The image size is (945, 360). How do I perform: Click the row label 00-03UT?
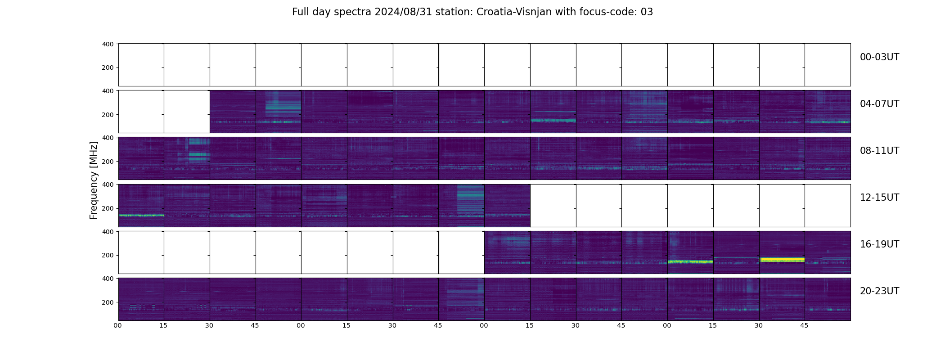pos(879,57)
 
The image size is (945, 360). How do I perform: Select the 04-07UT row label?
pos(879,104)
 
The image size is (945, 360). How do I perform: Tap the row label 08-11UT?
pos(879,151)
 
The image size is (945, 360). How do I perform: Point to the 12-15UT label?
pos(879,198)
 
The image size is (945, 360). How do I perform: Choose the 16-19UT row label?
pos(879,244)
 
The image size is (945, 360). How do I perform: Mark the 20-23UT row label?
pos(879,291)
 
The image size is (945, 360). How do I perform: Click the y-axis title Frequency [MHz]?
pos(94,180)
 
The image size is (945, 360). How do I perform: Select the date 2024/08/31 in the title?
pos(403,12)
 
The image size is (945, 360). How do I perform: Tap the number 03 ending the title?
pos(647,12)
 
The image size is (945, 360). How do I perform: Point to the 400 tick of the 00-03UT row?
pos(108,44)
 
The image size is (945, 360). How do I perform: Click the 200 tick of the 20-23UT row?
pos(108,302)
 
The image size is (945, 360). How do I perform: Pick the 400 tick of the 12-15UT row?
pos(108,184)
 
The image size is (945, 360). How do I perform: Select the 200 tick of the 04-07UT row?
pos(108,115)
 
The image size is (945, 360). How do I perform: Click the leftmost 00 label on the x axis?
pos(117,325)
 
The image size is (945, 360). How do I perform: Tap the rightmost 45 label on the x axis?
pos(804,325)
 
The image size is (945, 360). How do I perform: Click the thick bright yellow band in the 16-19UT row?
pos(782,260)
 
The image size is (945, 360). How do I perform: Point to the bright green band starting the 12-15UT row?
pos(141,216)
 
